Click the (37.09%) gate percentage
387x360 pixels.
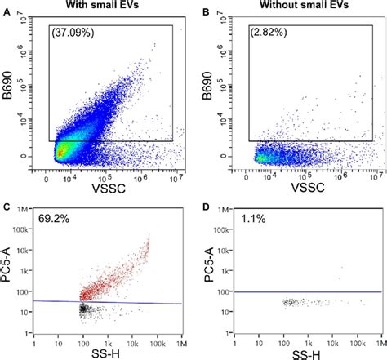pyautogui.click(x=75, y=35)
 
